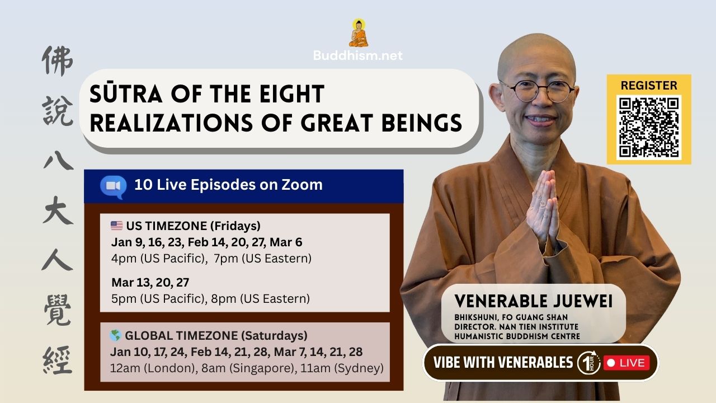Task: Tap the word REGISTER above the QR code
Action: coord(649,86)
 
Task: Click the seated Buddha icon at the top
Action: coord(359,33)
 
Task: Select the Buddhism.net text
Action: coord(357,55)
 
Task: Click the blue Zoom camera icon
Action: coord(113,187)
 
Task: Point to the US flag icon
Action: coord(117,226)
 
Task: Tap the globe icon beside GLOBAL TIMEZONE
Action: coord(115,335)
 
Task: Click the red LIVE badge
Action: coord(626,363)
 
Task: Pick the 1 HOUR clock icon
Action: coord(589,363)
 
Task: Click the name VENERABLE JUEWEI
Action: coord(533,301)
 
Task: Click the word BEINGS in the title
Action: coord(422,123)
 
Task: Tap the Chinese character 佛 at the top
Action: coord(58,61)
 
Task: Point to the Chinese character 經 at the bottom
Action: coord(58,360)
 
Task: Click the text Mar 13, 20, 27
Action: coord(150,283)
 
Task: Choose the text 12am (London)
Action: coord(153,368)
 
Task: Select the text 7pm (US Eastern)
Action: coord(262,259)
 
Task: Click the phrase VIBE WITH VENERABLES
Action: coord(503,363)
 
